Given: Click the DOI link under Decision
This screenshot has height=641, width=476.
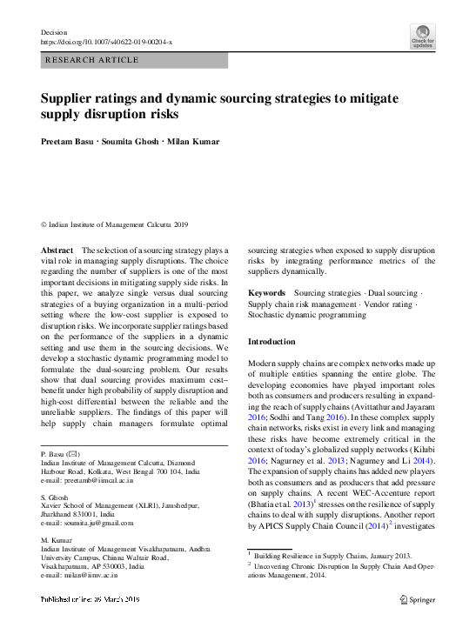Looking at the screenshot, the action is tap(107, 41).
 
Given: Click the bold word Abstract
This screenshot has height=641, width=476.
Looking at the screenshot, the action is tap(57, 250).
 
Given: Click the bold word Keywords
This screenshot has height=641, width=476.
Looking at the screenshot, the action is tap(267, 293).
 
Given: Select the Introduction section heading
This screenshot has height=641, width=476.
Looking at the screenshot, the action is tap(272, 342).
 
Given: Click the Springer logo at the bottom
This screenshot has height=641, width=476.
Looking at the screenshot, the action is tap(417, 599).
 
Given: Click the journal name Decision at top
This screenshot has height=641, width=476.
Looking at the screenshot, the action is tap(54, 32).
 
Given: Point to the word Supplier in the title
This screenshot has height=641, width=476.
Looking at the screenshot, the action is tap(68, 98).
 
